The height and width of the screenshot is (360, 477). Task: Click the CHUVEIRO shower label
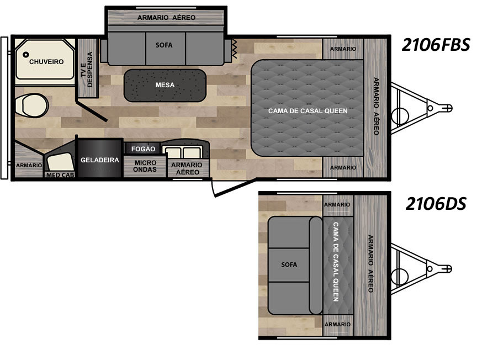[46, 62]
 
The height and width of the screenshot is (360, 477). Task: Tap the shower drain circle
[26, 55]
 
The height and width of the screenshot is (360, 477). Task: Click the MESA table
[165, 85]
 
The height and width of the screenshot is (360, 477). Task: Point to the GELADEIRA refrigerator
[100, 157]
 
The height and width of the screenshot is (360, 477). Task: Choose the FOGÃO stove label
[144, 149]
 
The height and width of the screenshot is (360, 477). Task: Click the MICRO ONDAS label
[145, 166]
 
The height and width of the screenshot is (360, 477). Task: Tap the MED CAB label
[60, 175]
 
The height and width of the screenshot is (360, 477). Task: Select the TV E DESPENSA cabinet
[87, 68]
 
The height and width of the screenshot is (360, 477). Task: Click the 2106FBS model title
[436, 45]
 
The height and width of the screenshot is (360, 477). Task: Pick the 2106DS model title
[436, 204]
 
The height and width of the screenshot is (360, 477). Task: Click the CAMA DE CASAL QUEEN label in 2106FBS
[308, 111]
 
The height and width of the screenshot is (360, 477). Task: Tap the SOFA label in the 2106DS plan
[289, 264]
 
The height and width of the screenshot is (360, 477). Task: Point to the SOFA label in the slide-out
[164, 45]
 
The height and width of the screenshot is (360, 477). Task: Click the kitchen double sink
[182, 151]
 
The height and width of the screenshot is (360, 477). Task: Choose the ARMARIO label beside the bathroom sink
[29, 165]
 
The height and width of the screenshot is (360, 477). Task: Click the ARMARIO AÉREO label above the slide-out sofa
[166, 18]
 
